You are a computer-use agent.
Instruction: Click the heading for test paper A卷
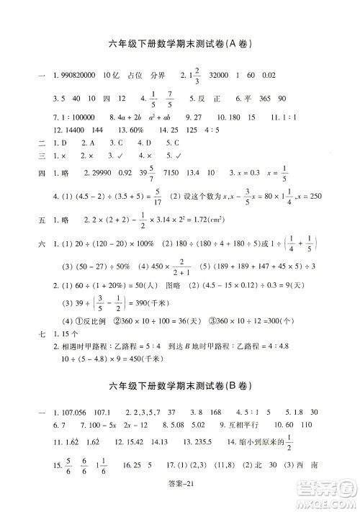click(x=179, y=43)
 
